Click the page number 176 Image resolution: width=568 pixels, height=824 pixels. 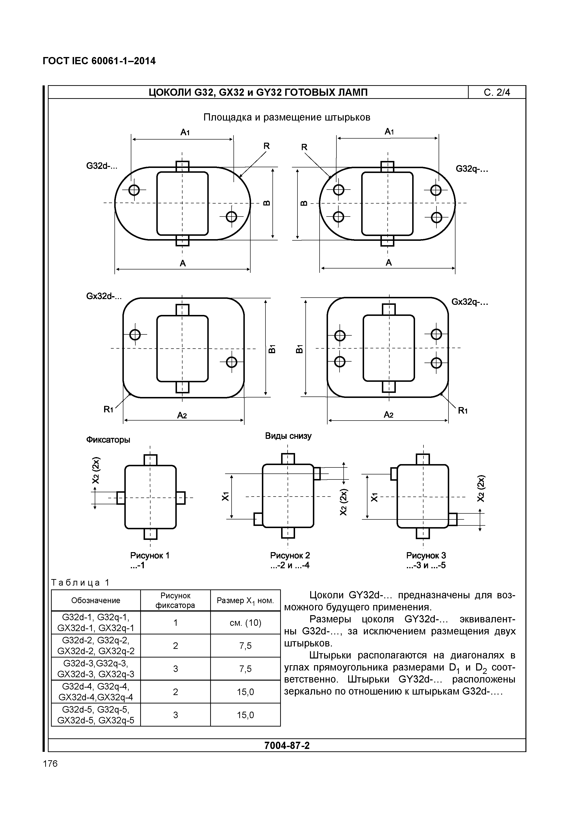coord(50,763)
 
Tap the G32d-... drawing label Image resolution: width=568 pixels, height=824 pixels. coord(101,166)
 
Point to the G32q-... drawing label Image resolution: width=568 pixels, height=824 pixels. coord(472,169)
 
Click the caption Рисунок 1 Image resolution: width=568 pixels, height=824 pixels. coord(150,555)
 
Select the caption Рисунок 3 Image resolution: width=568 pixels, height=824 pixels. coord(426,555)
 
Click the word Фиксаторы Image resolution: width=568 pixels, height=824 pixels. coord(108,440)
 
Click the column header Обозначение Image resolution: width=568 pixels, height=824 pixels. coord(96,600)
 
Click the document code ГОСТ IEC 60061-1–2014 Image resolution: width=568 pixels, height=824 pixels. coord(99,61)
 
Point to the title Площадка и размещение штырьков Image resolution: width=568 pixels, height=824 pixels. coord(287,117)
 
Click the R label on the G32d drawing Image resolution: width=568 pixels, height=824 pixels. coord(266,146)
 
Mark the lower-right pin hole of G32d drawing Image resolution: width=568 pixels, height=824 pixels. coord(231,217)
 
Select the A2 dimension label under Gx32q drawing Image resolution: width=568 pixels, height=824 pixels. coord(388,415)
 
